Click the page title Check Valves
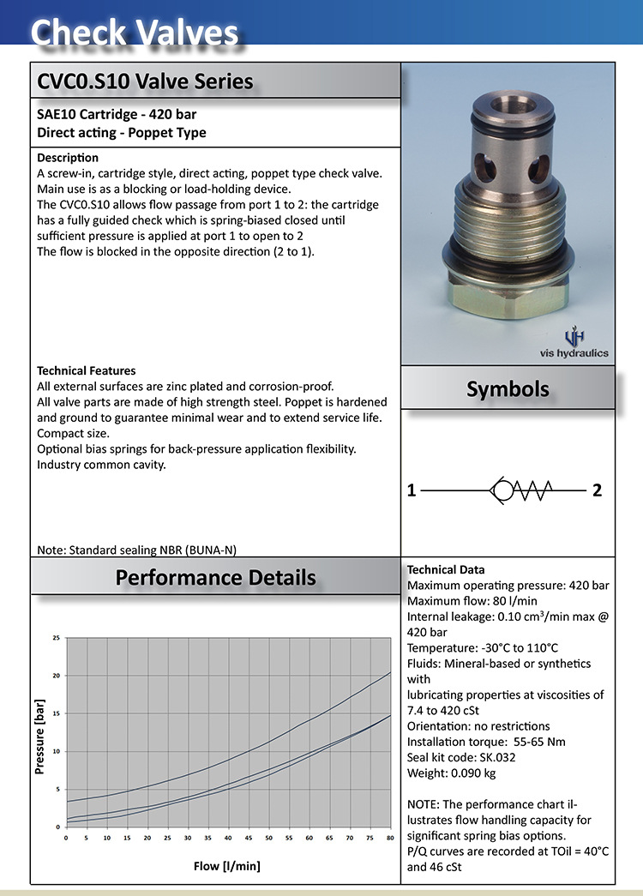pos(135,33)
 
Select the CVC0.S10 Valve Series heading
pos(145,81)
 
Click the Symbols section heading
pos(508,389)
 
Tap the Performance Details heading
pos(215,577)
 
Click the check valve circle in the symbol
pos(503,491)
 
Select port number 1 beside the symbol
pos(412,491)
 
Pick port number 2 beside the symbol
pos(598,491)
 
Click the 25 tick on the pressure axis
pos(57,638)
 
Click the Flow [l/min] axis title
pos(227,866)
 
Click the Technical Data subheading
pos(446,570)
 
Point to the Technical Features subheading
pos(87,371)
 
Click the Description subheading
pos(68,158)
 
